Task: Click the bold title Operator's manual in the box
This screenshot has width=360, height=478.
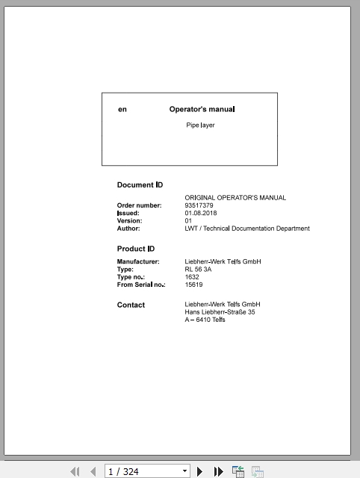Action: pos(202,109)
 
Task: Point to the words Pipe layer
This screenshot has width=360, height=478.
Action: pos(200,125)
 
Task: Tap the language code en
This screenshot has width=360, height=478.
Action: pos(122,110)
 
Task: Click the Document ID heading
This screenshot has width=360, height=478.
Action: pos(140,184)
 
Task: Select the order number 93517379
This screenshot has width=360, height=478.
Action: pos(199,205)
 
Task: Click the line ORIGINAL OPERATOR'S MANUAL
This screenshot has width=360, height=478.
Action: pos(235,198)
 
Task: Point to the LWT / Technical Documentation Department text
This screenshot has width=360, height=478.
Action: pos(246,229)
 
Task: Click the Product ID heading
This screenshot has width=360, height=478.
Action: pos(136,249)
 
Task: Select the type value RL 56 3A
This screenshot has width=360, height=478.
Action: pos(198,270)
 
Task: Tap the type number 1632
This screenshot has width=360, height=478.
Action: pos(192,277)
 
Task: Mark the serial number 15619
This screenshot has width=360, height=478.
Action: pos(193,285)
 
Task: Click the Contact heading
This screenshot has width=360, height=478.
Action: pos(131,305)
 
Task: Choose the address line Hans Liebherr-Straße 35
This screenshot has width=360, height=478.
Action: pos(220,312)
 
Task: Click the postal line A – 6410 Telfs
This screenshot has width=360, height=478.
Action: pos(205,320)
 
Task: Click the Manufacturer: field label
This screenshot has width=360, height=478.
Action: pos(138,261)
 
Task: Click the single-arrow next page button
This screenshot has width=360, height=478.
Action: pos(200,471)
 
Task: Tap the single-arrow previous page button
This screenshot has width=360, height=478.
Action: pos(93,471)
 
